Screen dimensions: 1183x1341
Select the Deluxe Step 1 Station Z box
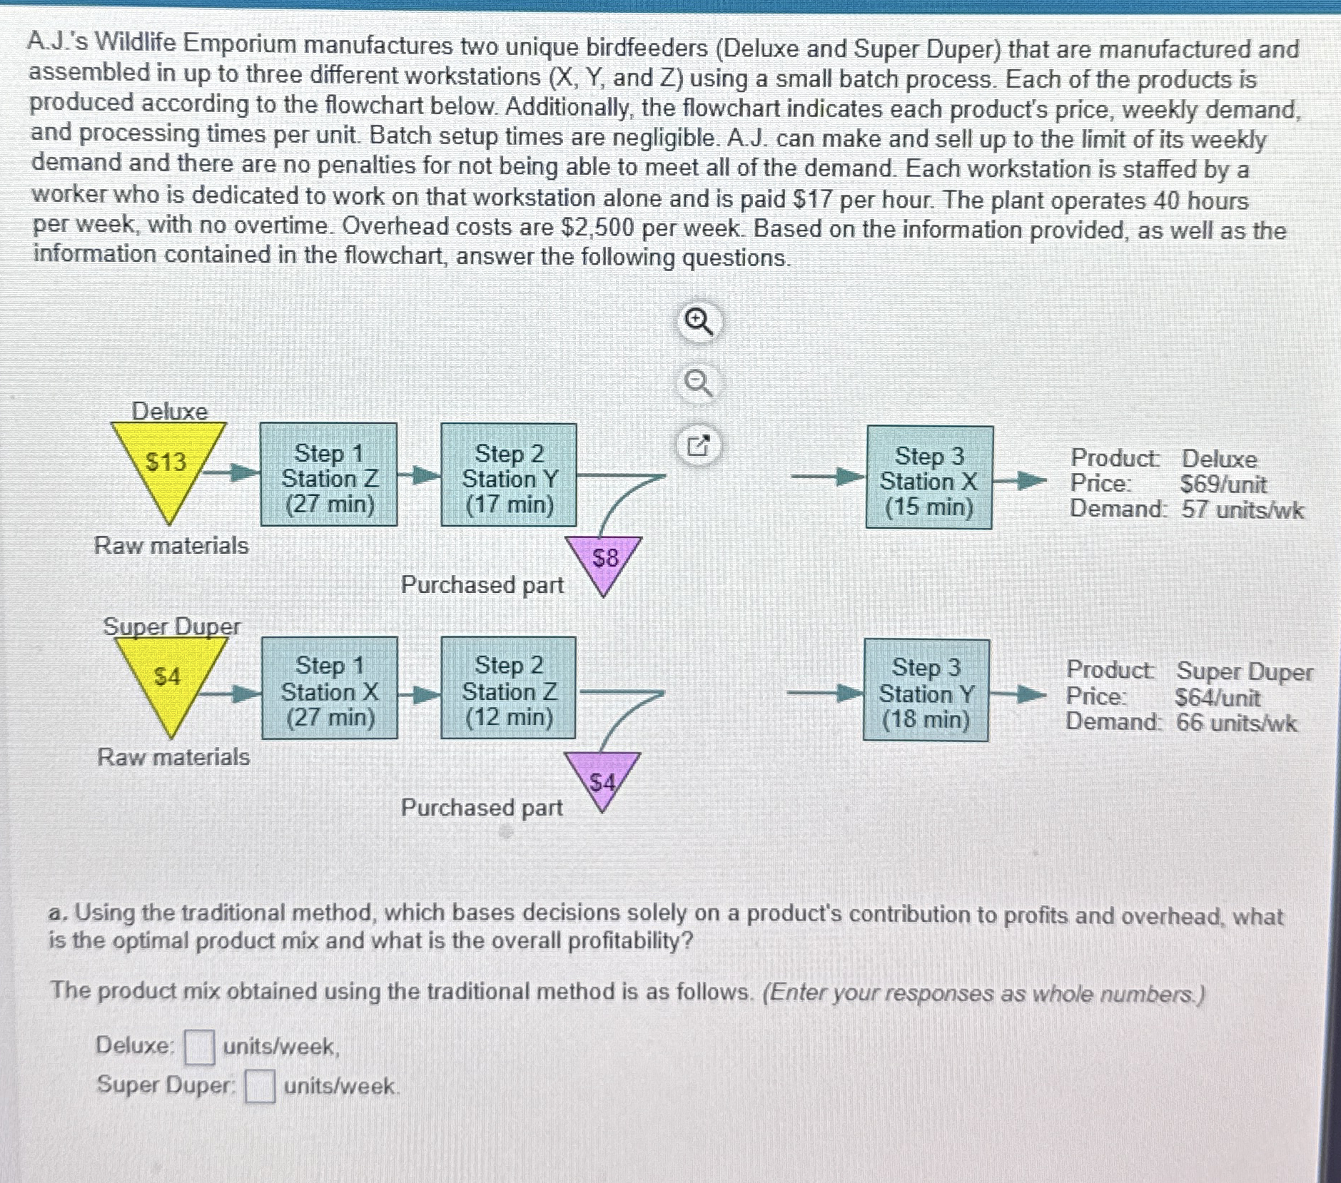[328, 475]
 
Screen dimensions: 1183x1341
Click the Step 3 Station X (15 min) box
[928, 478]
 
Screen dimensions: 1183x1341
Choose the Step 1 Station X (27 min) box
[330, 688]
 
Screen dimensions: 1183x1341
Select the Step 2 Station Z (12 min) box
[508, 688]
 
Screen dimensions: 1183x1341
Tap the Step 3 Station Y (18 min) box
[926, 691]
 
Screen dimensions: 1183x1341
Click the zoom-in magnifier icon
[699, 324]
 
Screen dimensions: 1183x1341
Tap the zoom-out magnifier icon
[699, 385]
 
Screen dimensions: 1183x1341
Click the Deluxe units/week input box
[199, 1047]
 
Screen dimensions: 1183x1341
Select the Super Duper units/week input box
[260, 1086]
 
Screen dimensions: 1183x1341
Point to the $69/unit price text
[1223, 484]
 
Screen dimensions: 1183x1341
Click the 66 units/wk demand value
[1236, 723]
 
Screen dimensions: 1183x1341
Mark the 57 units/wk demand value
[1242, 510]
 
